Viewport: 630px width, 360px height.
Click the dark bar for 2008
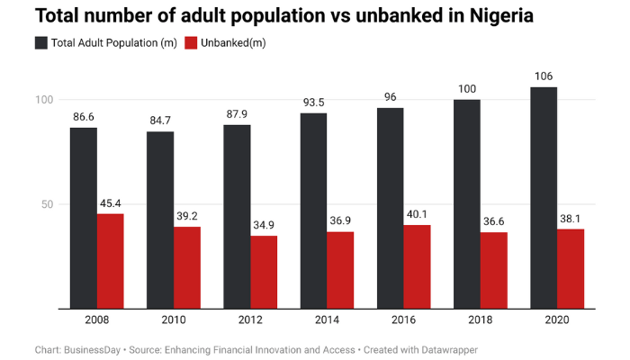click(x=84, y=218)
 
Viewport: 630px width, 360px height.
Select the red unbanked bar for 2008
click(x=110, y=261)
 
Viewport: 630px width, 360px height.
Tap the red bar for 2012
click(x=264, y=272)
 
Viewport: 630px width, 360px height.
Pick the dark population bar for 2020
click(x=544, y=198)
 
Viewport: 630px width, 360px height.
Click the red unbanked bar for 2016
click(x=417, y=266)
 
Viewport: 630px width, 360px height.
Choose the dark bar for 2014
click(x=313, y=211)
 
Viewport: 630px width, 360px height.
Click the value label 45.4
click(x=110, y=203)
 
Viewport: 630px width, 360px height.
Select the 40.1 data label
click(x=417, y=214)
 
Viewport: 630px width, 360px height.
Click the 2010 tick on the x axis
click(x=173, y=319)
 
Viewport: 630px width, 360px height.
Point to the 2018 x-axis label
click(x=480, y=319)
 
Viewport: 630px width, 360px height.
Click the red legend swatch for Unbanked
click(x=191, y=43)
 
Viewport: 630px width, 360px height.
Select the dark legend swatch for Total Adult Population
click(x=42, y=43)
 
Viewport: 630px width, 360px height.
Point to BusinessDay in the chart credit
click(x=94, y=349)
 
